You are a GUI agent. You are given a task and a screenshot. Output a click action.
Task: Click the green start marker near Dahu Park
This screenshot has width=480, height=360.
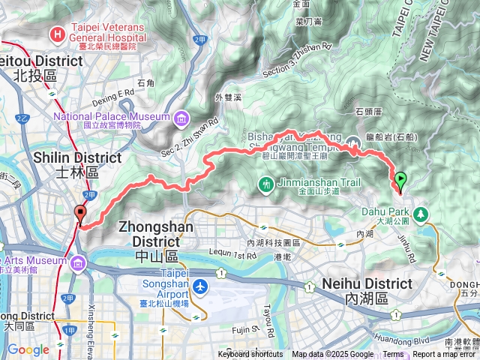coord(400,179)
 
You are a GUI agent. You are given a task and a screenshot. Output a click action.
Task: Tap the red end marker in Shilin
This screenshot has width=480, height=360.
coord(79,214)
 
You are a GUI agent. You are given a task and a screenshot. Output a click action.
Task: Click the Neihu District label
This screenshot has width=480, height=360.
coord(367,290)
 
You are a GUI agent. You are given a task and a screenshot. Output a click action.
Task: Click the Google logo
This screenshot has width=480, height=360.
coord(28,349)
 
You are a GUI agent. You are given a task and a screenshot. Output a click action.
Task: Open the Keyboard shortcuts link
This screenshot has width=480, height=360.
coord(250,355)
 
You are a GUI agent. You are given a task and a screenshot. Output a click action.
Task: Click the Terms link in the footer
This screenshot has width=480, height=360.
coord(393,355)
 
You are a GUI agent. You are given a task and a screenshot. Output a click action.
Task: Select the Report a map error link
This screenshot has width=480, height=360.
coord(445,355)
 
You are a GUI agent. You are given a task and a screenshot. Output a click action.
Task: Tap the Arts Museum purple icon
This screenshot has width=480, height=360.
coord(79,262)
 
